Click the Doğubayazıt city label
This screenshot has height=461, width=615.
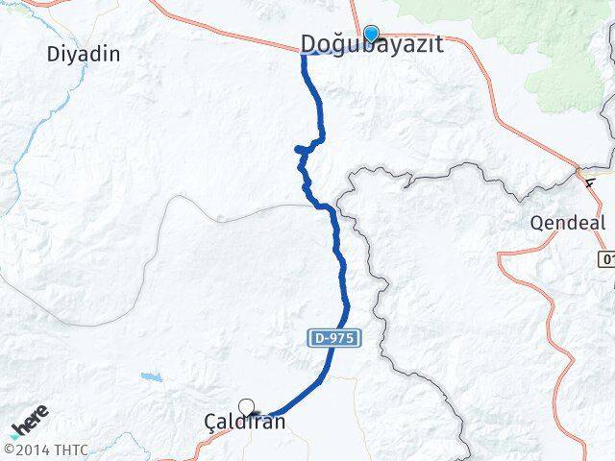click(x=372, y=44)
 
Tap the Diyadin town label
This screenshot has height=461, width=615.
click(x=84, y=54)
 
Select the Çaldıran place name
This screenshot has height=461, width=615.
click(x=245, y=421)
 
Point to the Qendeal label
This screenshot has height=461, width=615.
click(x=567, y=223)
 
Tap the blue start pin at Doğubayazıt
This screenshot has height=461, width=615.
click(x=371, y=34)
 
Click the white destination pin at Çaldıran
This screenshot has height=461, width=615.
click(x=247, y=407)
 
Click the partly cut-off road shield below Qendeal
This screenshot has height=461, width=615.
click(x=606, y=259)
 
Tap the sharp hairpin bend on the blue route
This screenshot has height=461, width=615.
click(x=299, y=149)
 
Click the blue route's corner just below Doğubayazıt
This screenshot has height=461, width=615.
click(x=305, y=56)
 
